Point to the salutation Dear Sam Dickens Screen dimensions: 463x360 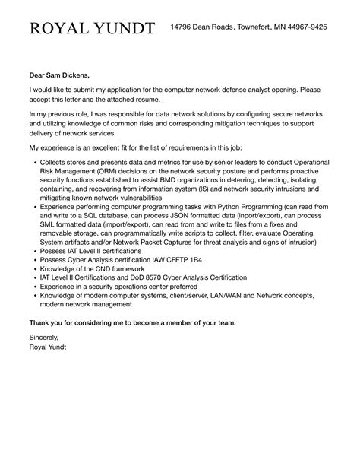point(59,75)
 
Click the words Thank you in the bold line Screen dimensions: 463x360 point(45,322)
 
